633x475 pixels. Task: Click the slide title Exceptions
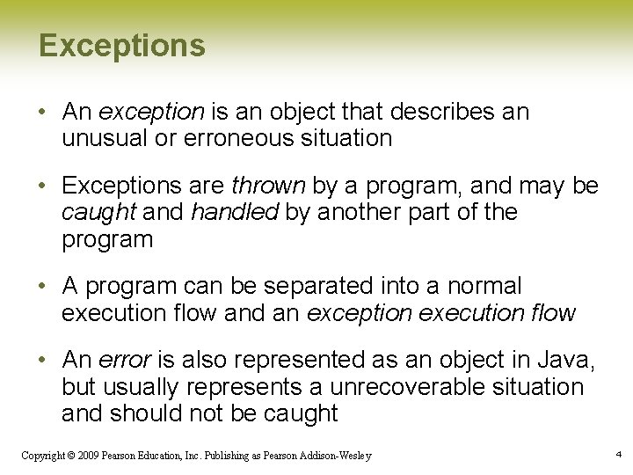[x=121, y=46]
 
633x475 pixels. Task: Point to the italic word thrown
[x=268, y=186]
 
